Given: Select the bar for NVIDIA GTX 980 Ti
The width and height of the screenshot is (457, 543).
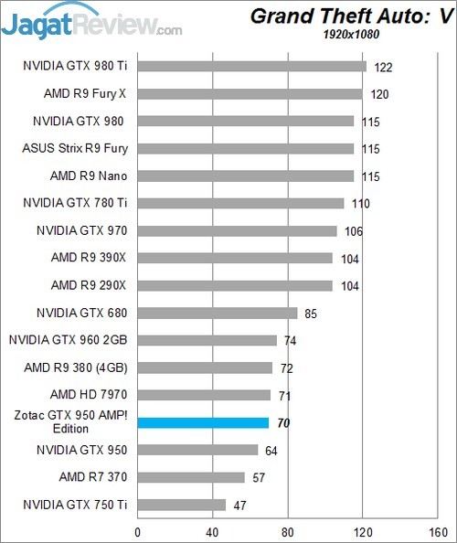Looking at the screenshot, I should coord(251,66).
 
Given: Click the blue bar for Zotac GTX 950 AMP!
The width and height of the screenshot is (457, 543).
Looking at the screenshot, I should coord(203,422).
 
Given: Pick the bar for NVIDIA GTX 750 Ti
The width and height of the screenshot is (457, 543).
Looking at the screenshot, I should coord(181,505).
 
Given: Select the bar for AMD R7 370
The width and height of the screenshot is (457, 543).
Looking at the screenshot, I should coord(191,477).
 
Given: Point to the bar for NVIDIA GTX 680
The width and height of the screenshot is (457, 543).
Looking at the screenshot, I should coord(218,313).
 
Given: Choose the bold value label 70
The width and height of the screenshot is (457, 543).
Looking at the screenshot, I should coord(284,422).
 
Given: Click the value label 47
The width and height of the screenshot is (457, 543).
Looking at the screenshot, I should coord(239,505).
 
